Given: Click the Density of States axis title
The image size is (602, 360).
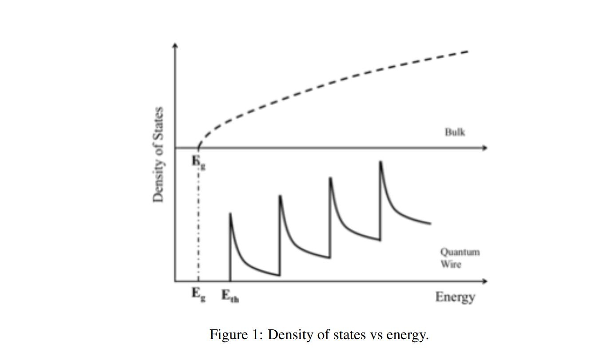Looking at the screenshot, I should tap(157, 155).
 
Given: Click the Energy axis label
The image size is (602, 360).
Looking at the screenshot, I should tap(455, 297).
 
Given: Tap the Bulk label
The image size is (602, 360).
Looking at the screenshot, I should tap(455, 132).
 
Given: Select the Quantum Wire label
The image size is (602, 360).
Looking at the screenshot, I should tap(459, 258).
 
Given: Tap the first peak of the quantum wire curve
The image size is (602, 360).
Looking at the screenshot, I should tap(230, 214).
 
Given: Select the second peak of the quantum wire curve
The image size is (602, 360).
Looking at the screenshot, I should tap(280, 195).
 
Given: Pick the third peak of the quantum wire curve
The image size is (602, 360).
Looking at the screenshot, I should tap(329, 178).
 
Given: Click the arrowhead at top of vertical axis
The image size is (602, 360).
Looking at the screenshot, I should tap(176, 46).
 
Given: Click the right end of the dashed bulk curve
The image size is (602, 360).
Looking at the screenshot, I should tap(468, 51).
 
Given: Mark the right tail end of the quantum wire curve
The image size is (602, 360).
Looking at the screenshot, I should tap(430, 223).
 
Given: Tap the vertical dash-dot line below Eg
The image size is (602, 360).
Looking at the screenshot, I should tap(198, 222).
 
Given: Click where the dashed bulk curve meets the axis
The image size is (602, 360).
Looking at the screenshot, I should tap(198, 147).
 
